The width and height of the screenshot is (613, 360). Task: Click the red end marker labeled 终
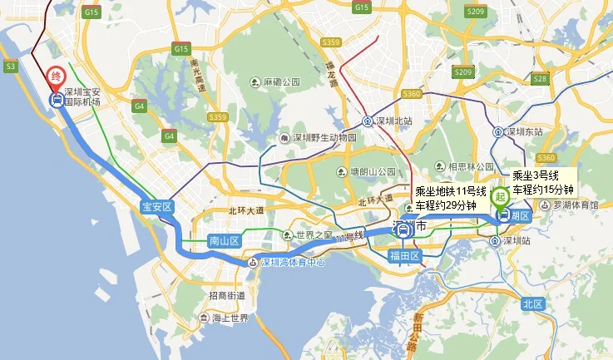tap(56, 76)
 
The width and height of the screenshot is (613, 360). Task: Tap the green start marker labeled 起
tap(500, 197)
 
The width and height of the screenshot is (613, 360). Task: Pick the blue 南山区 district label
tap(223, 241)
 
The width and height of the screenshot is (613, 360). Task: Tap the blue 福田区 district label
tap(406, 255)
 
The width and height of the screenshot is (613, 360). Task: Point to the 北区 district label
tap(533, 304)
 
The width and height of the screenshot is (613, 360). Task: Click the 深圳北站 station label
tap(393, 121)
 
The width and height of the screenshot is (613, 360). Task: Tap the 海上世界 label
tap(228, 318)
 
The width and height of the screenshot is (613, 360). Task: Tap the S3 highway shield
tap(10, 65)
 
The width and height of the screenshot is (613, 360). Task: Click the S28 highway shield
tap(541, 79)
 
